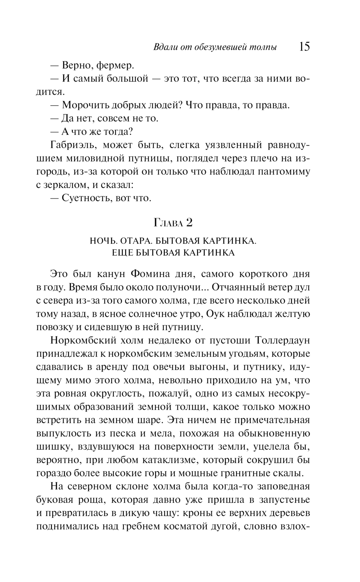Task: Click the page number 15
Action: [304, 47]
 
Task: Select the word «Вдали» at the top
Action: [164, 47]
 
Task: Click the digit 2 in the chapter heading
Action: [189, 223]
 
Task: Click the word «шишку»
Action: [53, 447]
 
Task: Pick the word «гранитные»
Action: [245, 473]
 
